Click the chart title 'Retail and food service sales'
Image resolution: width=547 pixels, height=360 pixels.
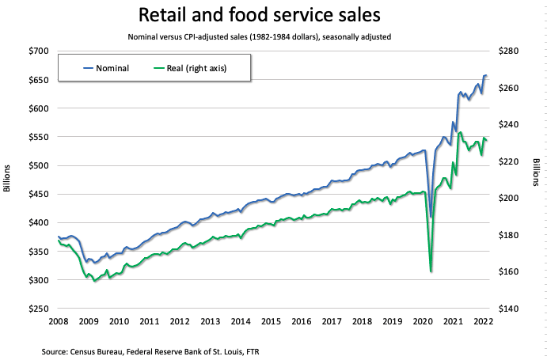tap(273, 15)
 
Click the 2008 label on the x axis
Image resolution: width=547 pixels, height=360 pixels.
tap(58, 321)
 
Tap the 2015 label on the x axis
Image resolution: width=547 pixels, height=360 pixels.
tap(271, 321)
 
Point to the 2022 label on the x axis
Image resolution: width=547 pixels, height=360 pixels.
tap(483, 321)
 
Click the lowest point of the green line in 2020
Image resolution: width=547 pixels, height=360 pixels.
tap(431, 271)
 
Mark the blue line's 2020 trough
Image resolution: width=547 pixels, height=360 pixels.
tap(431, 217)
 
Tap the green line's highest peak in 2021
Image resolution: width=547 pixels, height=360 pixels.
tap(461, 132)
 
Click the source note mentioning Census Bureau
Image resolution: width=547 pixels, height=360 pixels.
tap(151, 348)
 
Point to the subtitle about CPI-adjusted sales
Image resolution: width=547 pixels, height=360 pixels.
tap(273, 36)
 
